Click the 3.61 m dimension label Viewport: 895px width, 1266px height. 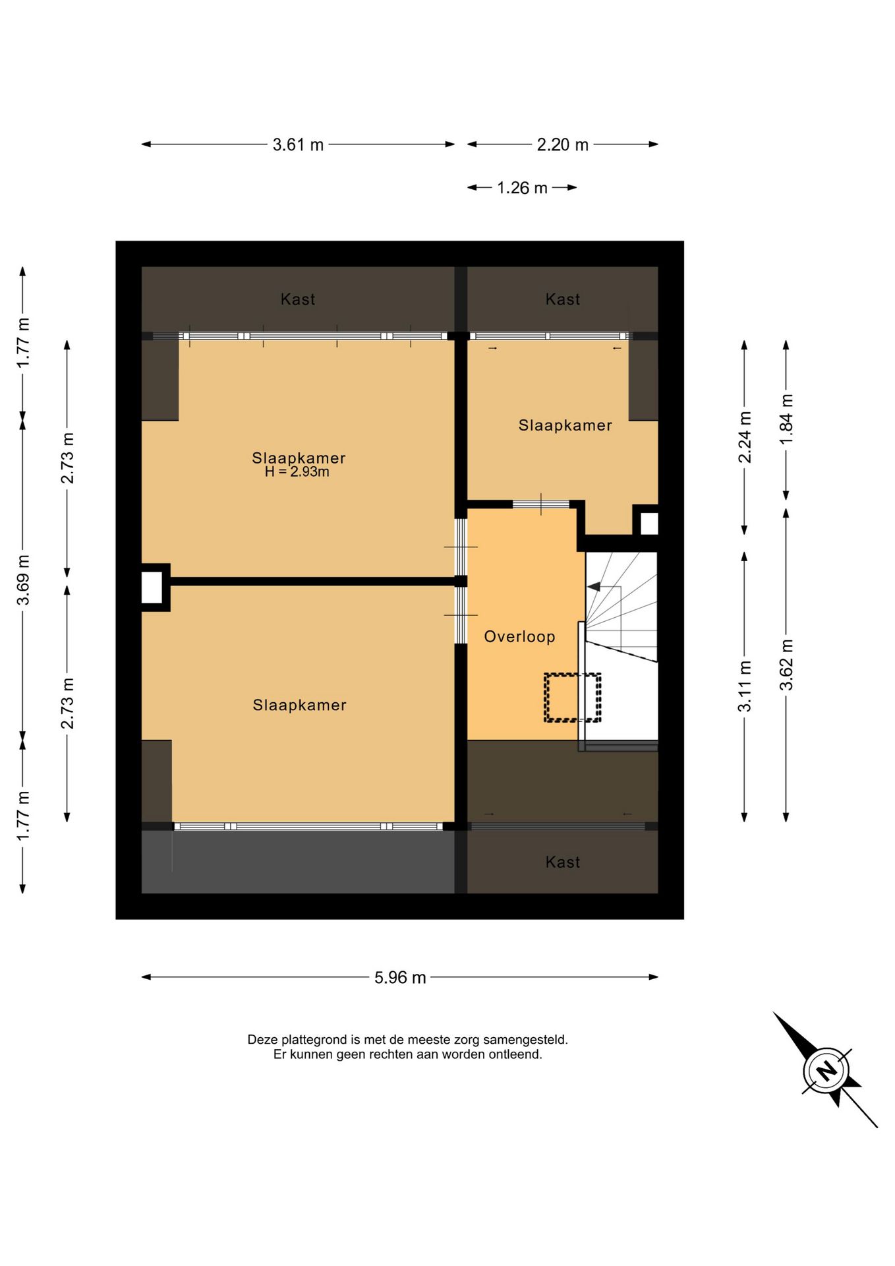coord(298,144)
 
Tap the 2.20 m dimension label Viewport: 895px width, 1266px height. coord(562,144)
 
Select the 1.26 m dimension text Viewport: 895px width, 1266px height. coord(522,188)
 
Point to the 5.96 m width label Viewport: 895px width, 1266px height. coord(400,977)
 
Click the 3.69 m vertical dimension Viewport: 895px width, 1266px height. coord(23,580)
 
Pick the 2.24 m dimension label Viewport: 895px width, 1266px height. coord(745,437)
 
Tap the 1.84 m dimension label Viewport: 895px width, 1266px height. coord(786,419)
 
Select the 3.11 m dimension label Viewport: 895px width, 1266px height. coord(745,686)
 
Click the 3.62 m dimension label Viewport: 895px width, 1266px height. coord(786,665)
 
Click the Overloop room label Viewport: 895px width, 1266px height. coord(519,637)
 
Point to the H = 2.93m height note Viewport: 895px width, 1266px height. coord(297,471)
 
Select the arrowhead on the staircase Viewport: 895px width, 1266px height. coord(593,586)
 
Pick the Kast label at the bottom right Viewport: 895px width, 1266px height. coord(562,862)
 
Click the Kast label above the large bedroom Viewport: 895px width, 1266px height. coord(298,299)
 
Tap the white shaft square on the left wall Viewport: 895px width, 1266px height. coord(152,588)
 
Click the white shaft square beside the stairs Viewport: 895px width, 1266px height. coord(649,524)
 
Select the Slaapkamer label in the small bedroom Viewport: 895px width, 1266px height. coord(565,425)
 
